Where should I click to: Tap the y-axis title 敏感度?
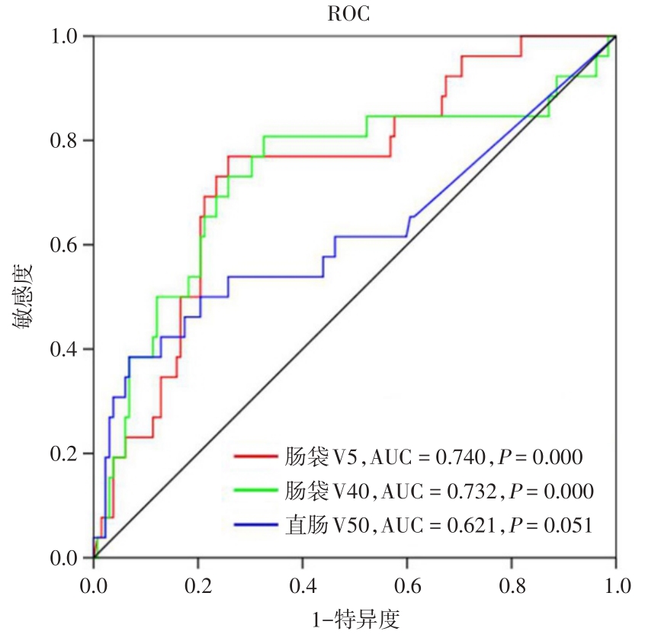pos(22,296)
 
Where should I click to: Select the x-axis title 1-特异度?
pos(355,620)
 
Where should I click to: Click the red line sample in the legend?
pos(255,457)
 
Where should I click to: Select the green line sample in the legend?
pos(255,491)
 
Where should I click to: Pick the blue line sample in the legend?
pos(255,524)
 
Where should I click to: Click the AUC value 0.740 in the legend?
pos(460,457)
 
